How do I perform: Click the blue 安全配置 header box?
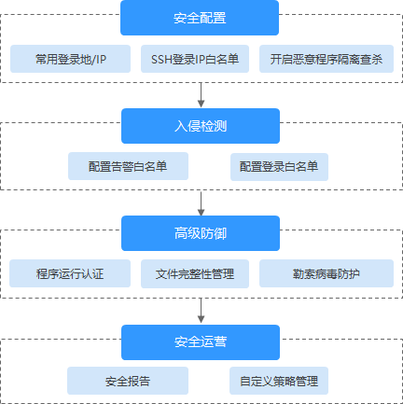201,18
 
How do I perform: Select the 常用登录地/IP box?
71,60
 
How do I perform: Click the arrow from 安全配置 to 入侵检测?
201,94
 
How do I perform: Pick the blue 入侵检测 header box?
201,125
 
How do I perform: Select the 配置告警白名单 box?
128,166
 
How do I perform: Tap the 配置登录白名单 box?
278,166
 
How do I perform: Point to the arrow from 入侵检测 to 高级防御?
201,202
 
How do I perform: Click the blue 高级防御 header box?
201,233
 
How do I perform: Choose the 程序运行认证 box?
71,274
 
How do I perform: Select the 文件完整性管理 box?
195,274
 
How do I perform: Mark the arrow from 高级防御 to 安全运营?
201,311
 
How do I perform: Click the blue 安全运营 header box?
201,341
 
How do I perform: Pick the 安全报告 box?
128,381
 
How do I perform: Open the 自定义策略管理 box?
278,381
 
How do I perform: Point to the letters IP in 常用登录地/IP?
100,60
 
